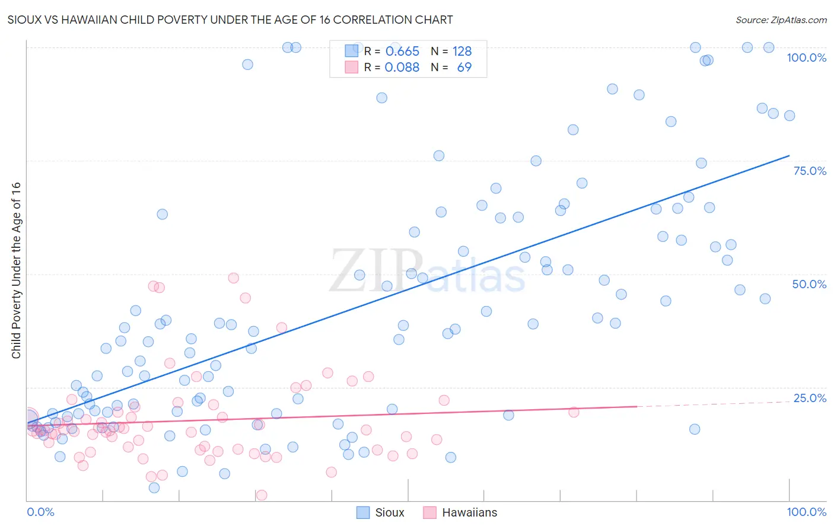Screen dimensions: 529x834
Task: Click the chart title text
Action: coord(230,20)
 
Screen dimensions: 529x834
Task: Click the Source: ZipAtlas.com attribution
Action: coord(781,20)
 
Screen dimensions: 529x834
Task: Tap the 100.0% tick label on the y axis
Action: coord(806,58)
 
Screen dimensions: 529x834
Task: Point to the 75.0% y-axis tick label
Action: coord(810,171)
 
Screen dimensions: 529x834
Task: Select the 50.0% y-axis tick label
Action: coord(809,284)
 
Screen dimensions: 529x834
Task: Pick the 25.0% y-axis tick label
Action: coord(810,397)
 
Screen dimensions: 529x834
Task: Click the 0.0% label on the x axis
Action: coord(40,512)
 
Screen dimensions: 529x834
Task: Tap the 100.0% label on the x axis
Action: coord(806,512)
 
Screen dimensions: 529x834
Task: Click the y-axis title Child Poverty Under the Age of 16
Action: coord(16,270)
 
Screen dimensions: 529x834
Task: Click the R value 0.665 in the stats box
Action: coord(402,52)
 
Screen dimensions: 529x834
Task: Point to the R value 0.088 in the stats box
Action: coord(402,68)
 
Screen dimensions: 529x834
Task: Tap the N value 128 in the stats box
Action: coord(462,52)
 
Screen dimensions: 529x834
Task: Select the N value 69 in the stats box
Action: coord(464,68)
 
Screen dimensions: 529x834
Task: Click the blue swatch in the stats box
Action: coord(352,51)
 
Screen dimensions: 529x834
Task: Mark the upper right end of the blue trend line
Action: coord(789,155)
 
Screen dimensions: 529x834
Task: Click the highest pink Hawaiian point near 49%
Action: coord(233,278)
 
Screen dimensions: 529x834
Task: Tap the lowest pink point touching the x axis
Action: coord(261,495)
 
